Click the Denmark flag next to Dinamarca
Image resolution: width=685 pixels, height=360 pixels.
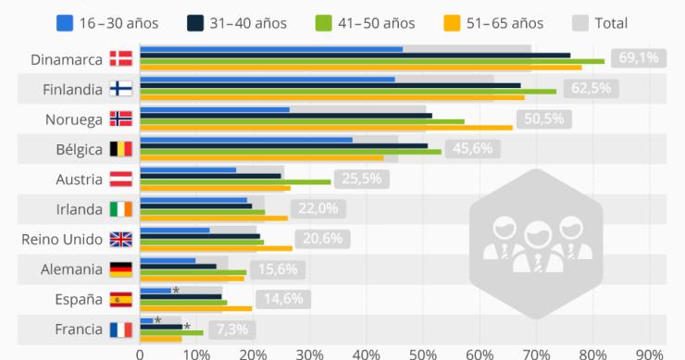click(x=120, y=59)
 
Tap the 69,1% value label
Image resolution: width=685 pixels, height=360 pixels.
click(x=638, y=58)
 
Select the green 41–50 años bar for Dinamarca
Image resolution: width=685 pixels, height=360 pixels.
click(x=371, y=61)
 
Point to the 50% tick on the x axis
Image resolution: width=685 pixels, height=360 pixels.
click(x=422, y=353)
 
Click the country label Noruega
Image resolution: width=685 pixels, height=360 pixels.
click(x=73, y=119)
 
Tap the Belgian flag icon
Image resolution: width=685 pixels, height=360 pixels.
click(x=120, y=149)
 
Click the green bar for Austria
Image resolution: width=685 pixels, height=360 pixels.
click(x=235, y=181)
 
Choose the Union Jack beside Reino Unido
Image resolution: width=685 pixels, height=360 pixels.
click(x=120, y=239)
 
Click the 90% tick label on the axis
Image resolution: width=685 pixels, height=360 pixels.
click(x=650, y=353)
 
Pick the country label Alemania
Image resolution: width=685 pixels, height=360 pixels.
click(x=72, y=269)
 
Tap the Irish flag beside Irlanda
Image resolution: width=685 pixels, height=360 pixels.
click(x=120, y=209)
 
